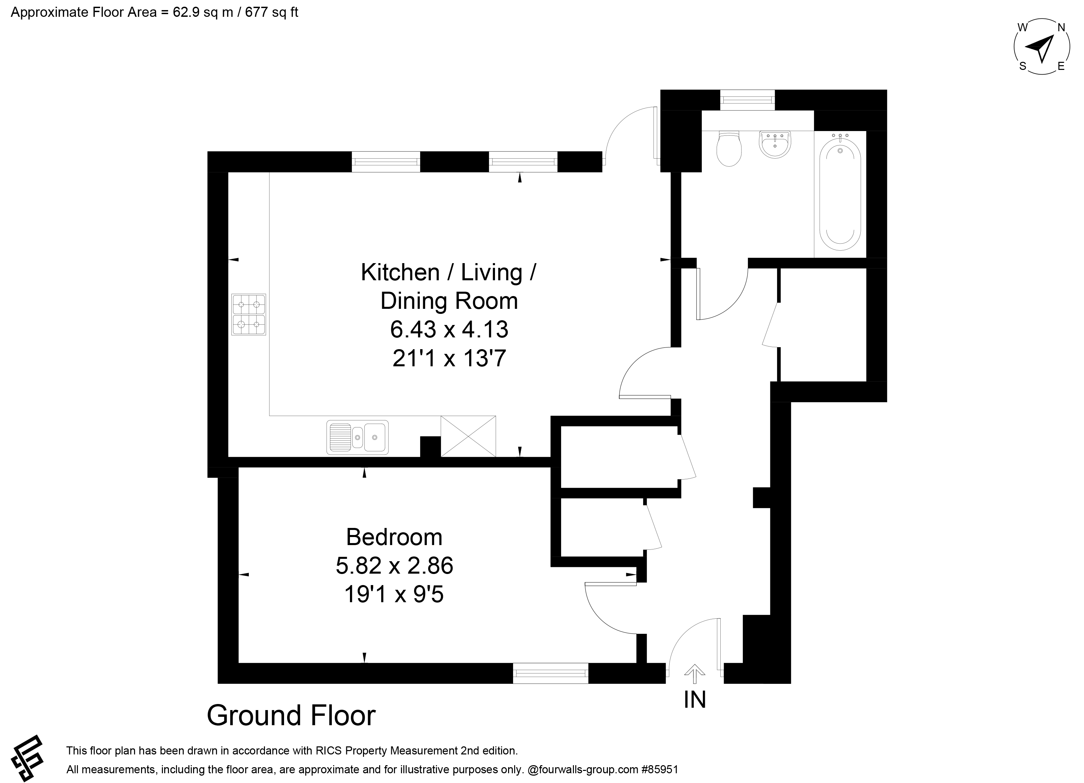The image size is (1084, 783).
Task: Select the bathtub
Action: pyautogui.click(x=840, y=191)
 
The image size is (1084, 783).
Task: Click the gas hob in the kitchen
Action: pyautogui.click(x=249, y=314)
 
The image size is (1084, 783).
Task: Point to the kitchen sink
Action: pyautogui.click(x=358, y=437)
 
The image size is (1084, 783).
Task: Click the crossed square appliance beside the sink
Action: pyautogui.click(x=468, y=436)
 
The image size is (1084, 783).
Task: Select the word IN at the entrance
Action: pyautogui.click(x=695, y=700)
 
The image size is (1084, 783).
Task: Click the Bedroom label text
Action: pyautogui.click(x=394, y=537)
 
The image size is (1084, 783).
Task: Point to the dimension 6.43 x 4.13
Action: pyautogui.click(x=449, y=329)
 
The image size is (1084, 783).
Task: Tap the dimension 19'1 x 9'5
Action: pyautogui.click(x=394, y=594)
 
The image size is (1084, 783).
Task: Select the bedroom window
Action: pyautogui.click(x=551, y=673)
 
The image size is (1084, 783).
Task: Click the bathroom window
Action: pyautogui.click(x=748, y=100)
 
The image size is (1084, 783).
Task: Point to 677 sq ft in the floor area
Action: pyautogui.click(x=271, y=12)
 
